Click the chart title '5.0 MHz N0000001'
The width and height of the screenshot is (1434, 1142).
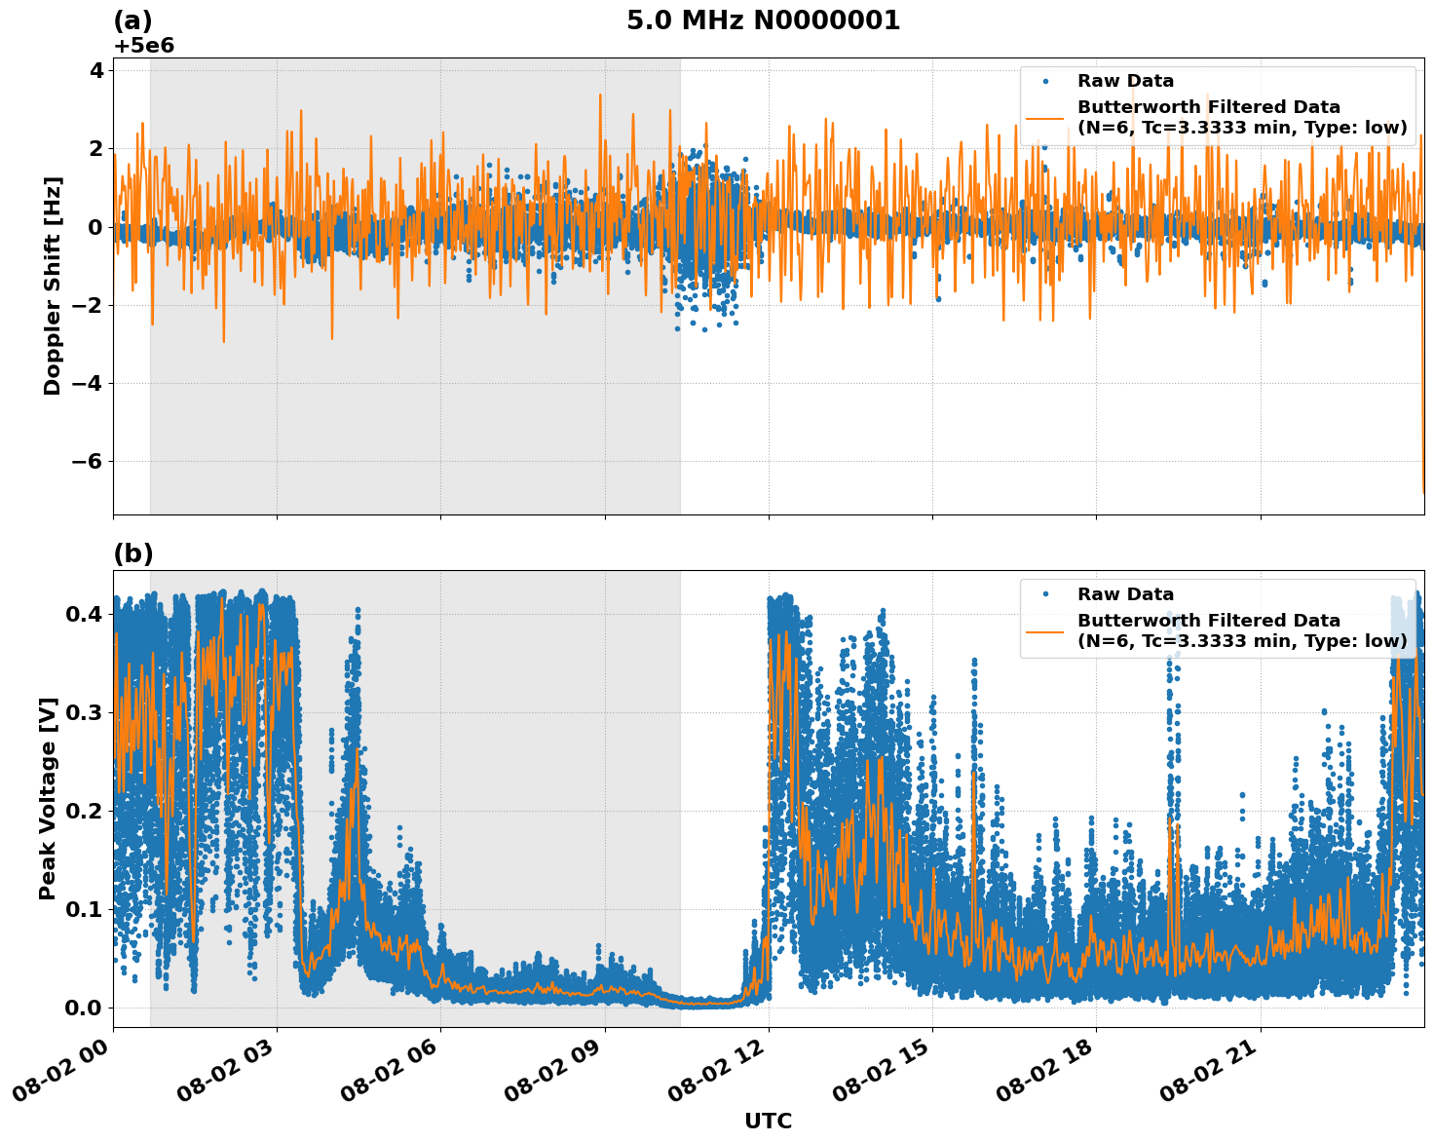[763, 20]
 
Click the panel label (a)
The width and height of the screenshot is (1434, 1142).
[132, 20]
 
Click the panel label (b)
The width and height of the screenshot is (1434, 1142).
[132, 553]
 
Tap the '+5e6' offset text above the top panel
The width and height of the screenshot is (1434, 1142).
[143, 46]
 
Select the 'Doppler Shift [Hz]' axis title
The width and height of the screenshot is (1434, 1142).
[53, 285]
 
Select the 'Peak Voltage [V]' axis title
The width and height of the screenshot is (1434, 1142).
[48, 798]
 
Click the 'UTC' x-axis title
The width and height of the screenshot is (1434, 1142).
[768, 1121]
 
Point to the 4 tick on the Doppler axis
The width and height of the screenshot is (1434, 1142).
[96, 70]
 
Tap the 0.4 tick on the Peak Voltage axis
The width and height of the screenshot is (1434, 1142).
[85, 614]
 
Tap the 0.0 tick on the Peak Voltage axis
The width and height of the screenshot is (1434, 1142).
[85, 1008]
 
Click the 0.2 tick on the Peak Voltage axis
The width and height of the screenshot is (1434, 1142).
[85, 811]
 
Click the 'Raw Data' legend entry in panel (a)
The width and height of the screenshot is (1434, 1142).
[1125, 81]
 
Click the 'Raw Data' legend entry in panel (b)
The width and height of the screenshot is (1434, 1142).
[1125, 594]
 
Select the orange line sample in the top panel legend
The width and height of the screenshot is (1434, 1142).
[1045, 118]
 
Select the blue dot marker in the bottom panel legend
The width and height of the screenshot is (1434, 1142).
[1045, 594]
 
